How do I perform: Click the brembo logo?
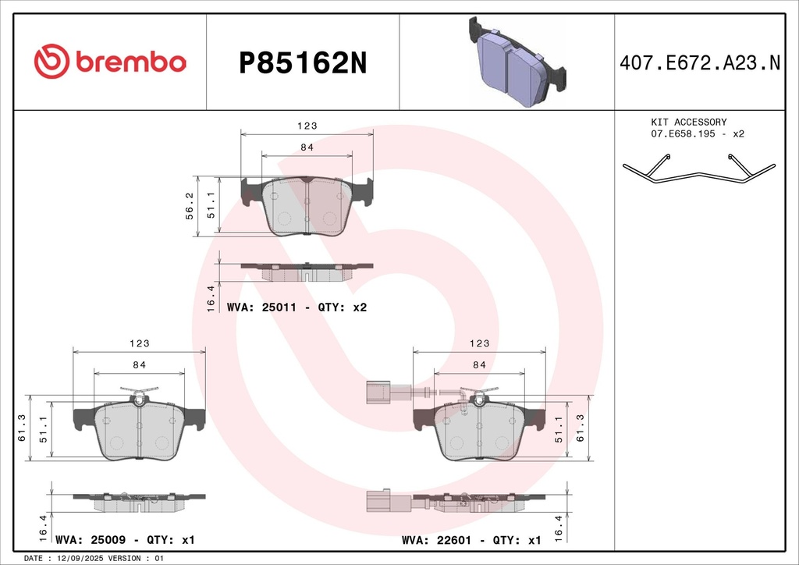pyautogui.click(x=110, y=62)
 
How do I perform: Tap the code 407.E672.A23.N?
pyautogui.click(x=700, y=62)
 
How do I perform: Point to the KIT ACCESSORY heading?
pyautogui.click(x=689, y=122)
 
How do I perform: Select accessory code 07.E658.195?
pyautogui.click(x=683, y=133)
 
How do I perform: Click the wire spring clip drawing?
pyautogui.click(x=699, y=168)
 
